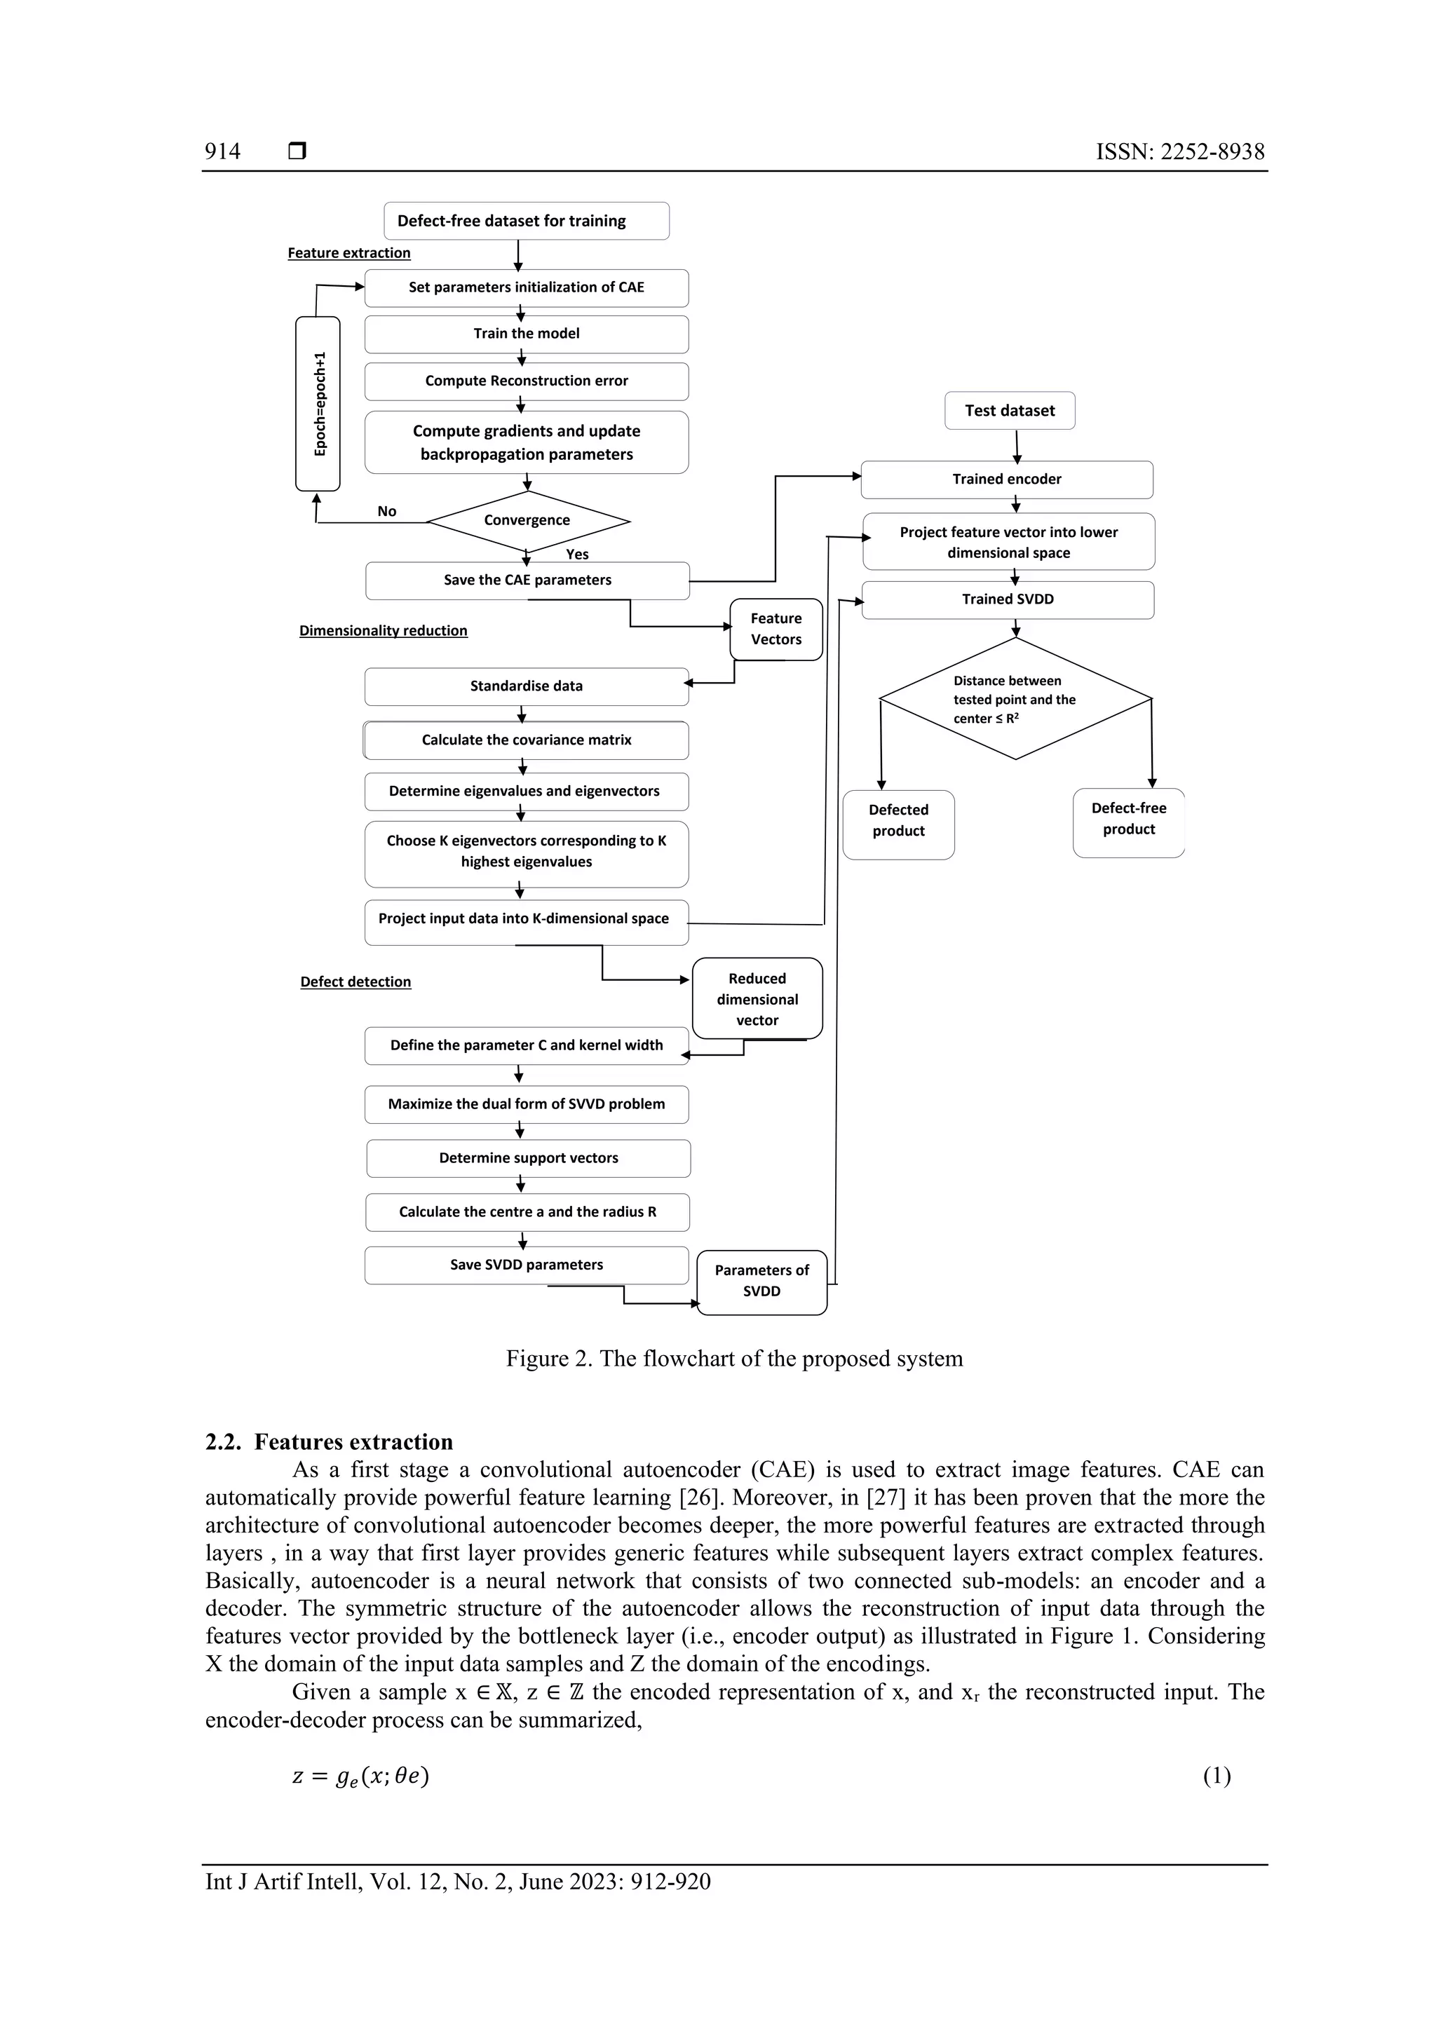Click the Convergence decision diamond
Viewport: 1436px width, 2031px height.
(527, 521)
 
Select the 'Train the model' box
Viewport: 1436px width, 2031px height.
(527, 334)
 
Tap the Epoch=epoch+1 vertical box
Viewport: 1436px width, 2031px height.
(318, 403)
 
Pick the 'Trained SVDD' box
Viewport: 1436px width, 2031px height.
(1008, 599)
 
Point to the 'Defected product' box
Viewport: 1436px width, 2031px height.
(898, 821)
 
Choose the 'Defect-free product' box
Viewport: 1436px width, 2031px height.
(1128, 819)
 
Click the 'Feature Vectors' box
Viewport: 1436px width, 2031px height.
(776, 629)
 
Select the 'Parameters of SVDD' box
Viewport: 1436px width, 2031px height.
(761, 1281)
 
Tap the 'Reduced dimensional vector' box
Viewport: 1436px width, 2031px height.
(757, 1000)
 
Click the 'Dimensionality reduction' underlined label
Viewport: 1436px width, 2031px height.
(383, 631)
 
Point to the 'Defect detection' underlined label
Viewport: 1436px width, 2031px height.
(355, 982)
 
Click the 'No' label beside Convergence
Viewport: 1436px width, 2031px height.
(386, 511)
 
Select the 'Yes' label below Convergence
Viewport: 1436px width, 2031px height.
(577, 555)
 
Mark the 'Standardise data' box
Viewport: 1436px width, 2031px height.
(527, 686)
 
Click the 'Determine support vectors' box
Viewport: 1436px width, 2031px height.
(528, 1159)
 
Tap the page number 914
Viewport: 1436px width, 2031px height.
(222, 151)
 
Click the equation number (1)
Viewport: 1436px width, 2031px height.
(1216, 1777)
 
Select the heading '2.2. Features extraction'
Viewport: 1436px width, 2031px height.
(329, 1442)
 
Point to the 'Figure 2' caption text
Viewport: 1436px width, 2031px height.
(733, 1359)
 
